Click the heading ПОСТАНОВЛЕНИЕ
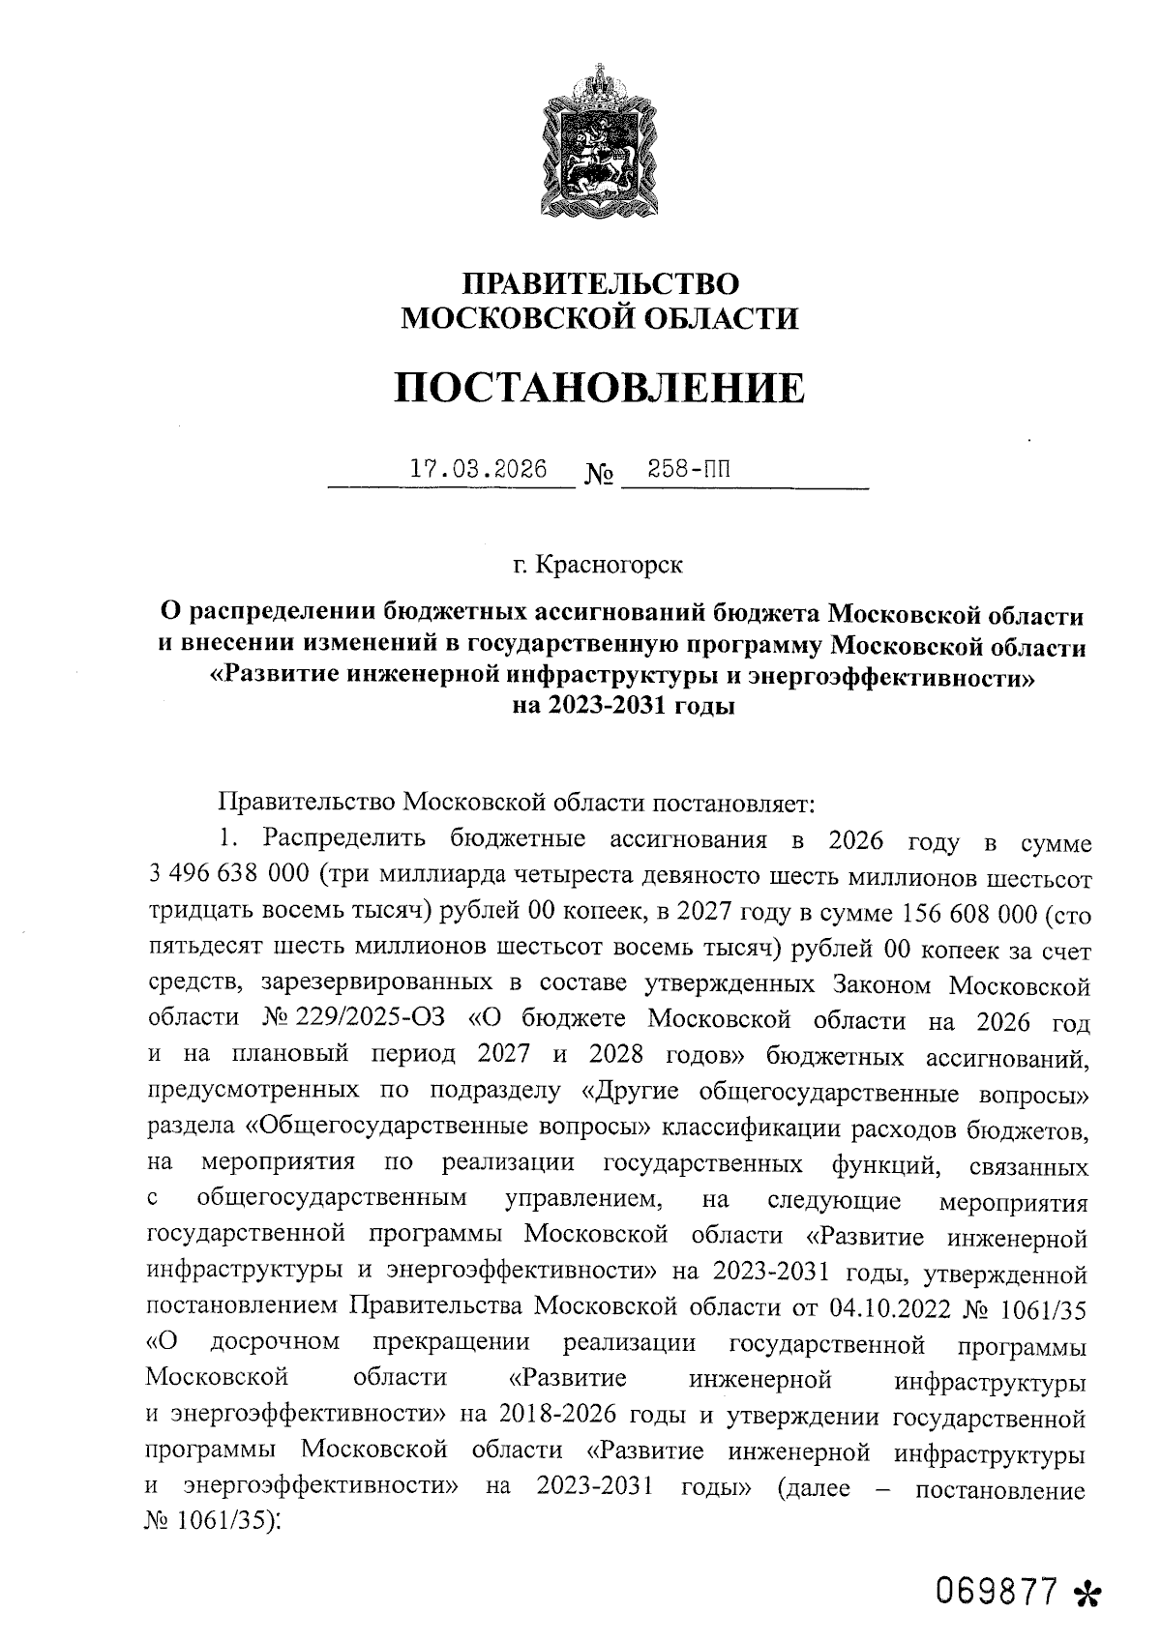pyautogui.click(x=600, y=388)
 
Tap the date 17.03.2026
pyautogui.click(x=478, y=470)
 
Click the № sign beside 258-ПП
pyautogui.click(x=600, y=476)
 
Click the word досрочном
pyautogui.click(x=276, y=1343)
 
